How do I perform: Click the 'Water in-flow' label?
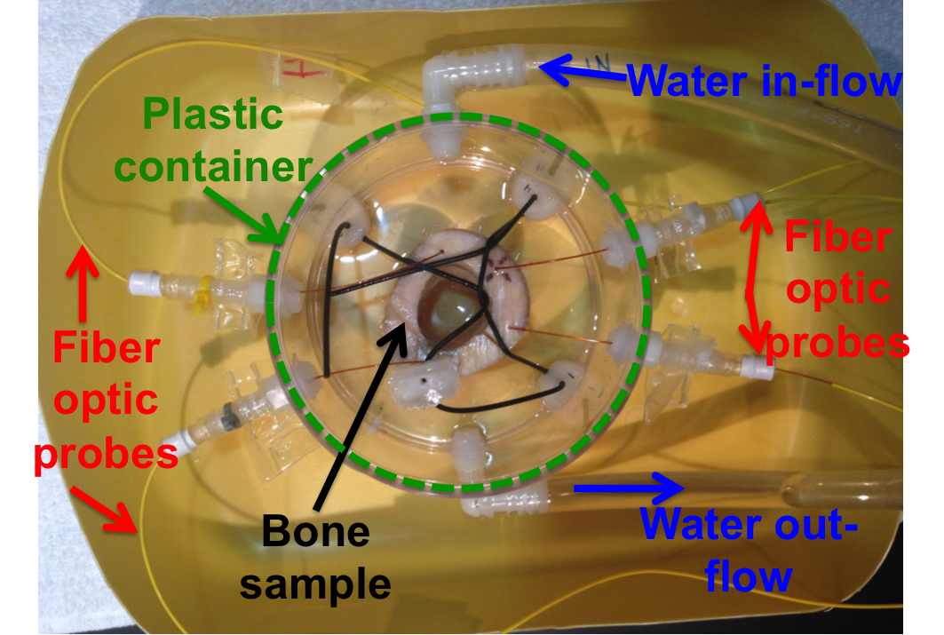click(765, 83)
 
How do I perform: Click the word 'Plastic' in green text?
click(212, 114)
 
